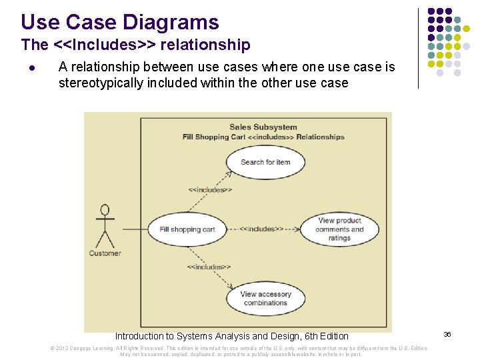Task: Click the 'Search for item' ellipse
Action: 265,162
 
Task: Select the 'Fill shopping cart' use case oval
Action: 187,229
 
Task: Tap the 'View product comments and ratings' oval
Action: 339,229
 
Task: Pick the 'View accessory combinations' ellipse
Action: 265,299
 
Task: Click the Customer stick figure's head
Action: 104,211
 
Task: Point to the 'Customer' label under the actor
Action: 105,253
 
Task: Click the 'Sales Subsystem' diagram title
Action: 263,127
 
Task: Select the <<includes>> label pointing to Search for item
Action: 210,190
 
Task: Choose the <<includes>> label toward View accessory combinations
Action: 209,267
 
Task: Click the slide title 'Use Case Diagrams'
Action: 120,22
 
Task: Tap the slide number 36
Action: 447,334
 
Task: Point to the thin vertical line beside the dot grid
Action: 418,48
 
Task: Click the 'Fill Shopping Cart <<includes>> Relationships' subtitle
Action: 263,137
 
